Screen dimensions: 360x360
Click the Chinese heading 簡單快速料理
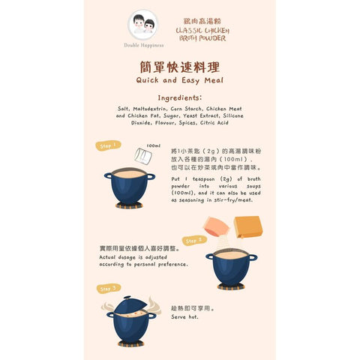[x=179, y=66]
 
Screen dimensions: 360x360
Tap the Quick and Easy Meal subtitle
[x=179, y=79]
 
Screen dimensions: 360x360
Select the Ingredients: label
[x=179, y=97]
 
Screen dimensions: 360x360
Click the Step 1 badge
[x=108, y=145]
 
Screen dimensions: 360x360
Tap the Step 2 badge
[x=194, y=241]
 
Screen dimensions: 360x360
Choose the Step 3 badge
[x=109, y=288]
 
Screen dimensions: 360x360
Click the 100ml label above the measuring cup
[x=153, y=145]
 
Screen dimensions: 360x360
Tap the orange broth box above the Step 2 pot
[x=247, y=226]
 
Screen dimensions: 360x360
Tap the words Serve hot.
[x=185, y=316]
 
